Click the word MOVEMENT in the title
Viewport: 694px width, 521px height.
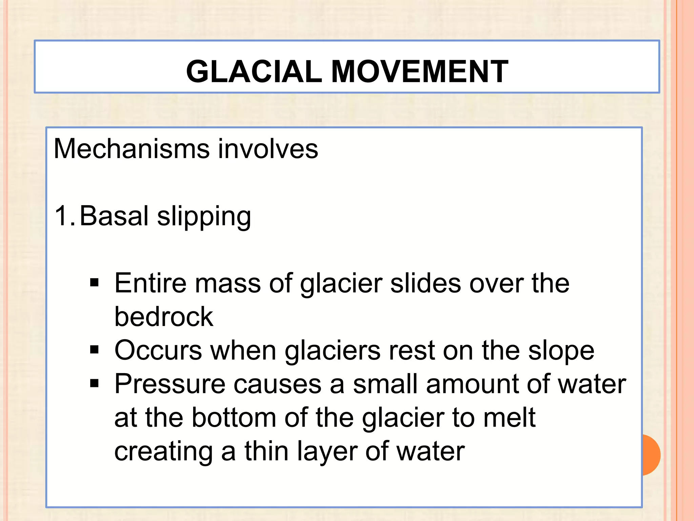pos(420,72)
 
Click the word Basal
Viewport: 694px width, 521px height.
pos(114,216)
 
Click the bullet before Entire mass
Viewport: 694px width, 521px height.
pos(94,283)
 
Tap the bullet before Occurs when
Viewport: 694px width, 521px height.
pos(94,349)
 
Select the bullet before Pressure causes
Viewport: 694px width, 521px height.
pos(94,383)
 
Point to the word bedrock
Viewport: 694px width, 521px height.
pos(164,316)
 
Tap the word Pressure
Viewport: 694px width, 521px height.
pos(170,384)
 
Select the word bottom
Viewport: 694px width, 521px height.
pos(234,417)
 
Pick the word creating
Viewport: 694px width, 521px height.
pos(164,452)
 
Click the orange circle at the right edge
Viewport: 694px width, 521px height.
pos(652,455)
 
